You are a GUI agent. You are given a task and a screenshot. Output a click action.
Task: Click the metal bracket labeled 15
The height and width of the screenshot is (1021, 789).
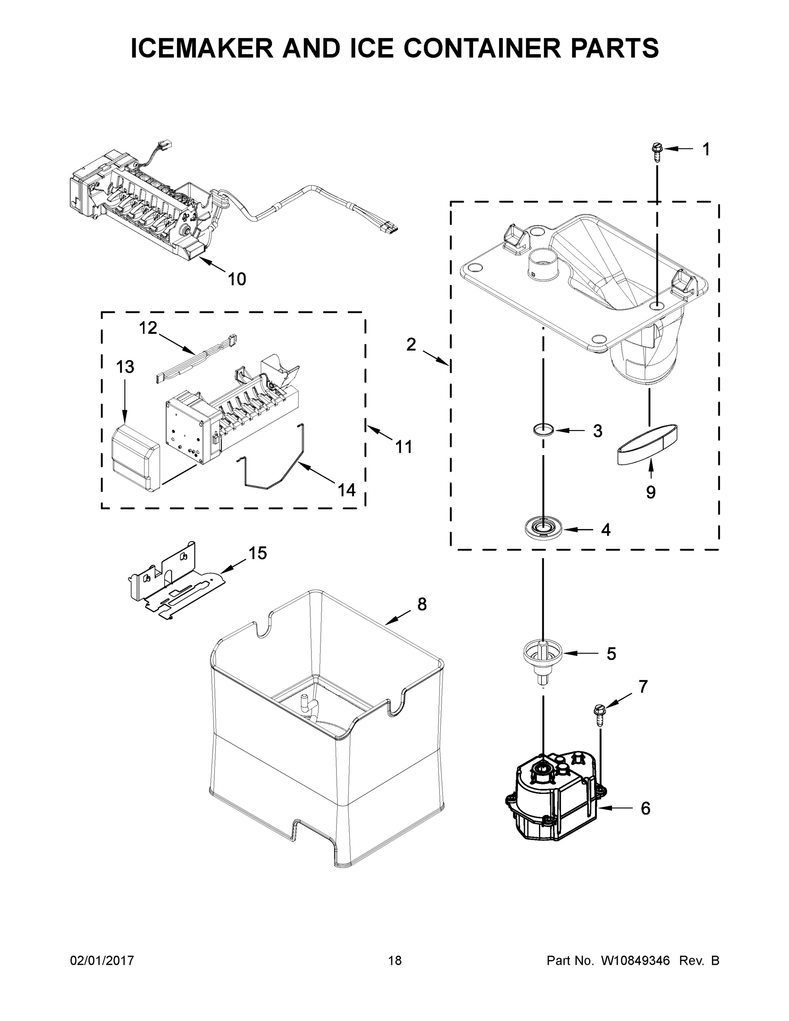point(175,582)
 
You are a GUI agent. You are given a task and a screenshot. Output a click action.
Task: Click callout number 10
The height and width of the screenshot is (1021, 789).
point(236,279)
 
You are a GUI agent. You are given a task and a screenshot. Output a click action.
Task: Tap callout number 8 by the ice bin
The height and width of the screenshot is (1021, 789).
point(422,605)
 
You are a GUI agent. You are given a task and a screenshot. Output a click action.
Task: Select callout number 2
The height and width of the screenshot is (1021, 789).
point(411,345)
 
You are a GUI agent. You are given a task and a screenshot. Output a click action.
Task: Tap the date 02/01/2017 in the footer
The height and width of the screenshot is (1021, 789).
point(102,960)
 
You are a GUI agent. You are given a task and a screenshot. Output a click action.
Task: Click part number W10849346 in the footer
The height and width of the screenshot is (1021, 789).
point(635,960)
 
